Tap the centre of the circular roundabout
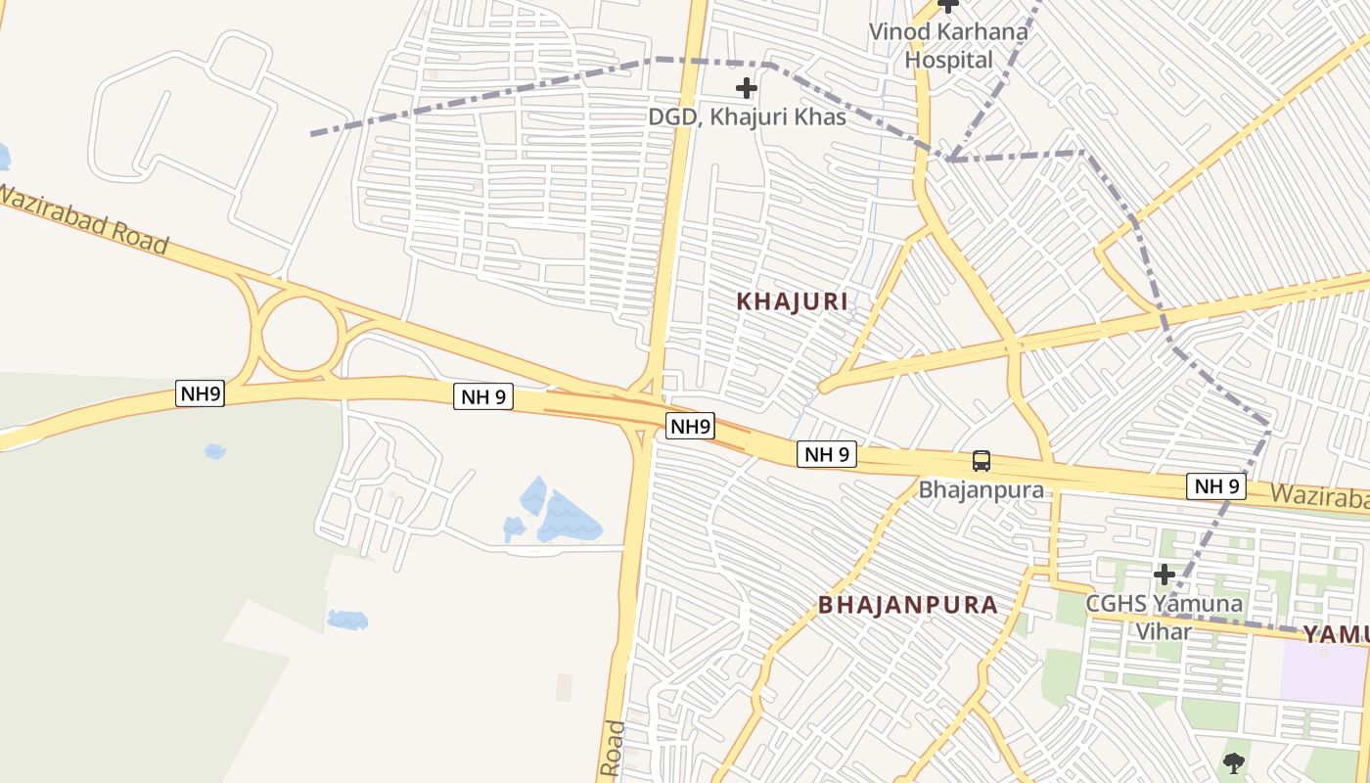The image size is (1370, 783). (300, 334)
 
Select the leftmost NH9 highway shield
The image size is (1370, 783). (201, 393)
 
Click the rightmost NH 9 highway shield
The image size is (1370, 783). (1216, 485)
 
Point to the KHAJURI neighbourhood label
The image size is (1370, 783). (792, 301)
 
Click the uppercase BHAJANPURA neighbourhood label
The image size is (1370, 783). (908, 605)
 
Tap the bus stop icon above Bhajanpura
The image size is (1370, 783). (981, 461)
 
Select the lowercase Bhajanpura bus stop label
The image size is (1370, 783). (981, 488)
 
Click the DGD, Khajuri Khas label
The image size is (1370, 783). (747, 116)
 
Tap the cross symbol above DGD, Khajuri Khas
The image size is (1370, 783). (747, 88)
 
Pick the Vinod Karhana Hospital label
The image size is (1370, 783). (948, 45)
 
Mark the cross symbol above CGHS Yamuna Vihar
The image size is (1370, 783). (1164, 574)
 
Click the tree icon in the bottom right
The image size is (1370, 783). (1234, 761)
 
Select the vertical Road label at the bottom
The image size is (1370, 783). (613, 750)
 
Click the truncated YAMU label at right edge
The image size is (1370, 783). (1335, 634)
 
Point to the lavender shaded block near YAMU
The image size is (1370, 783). (1322, 675)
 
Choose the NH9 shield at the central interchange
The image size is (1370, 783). (691, 427)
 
